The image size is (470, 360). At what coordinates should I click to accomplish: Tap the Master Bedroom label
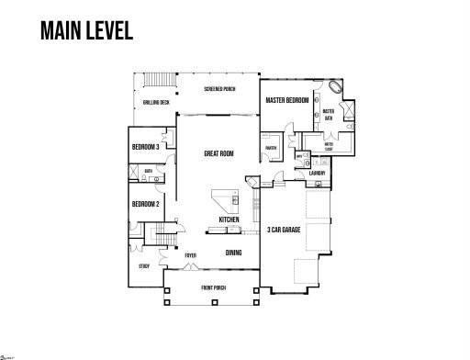(285, 99)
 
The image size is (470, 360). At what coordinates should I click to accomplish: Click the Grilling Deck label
(155, 102)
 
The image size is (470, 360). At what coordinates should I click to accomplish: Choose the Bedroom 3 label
(145, 147)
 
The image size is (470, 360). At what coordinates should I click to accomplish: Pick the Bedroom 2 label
(145, 204)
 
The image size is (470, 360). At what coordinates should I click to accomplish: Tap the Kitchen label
(229, 219)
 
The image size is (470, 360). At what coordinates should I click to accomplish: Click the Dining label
(233, 253)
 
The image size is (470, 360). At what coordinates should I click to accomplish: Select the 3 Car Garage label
(285, 230)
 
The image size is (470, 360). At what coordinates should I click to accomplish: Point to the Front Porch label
(214, 288)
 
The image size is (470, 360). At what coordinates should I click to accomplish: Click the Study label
(144, 266)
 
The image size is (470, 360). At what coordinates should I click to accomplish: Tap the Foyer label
(190, 255)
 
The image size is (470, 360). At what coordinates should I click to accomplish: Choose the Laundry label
(318, 173)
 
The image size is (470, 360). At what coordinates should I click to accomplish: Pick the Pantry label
(271, 147)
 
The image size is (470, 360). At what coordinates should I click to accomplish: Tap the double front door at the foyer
(190, 267)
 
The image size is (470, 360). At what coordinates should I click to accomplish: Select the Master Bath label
(328, 114)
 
